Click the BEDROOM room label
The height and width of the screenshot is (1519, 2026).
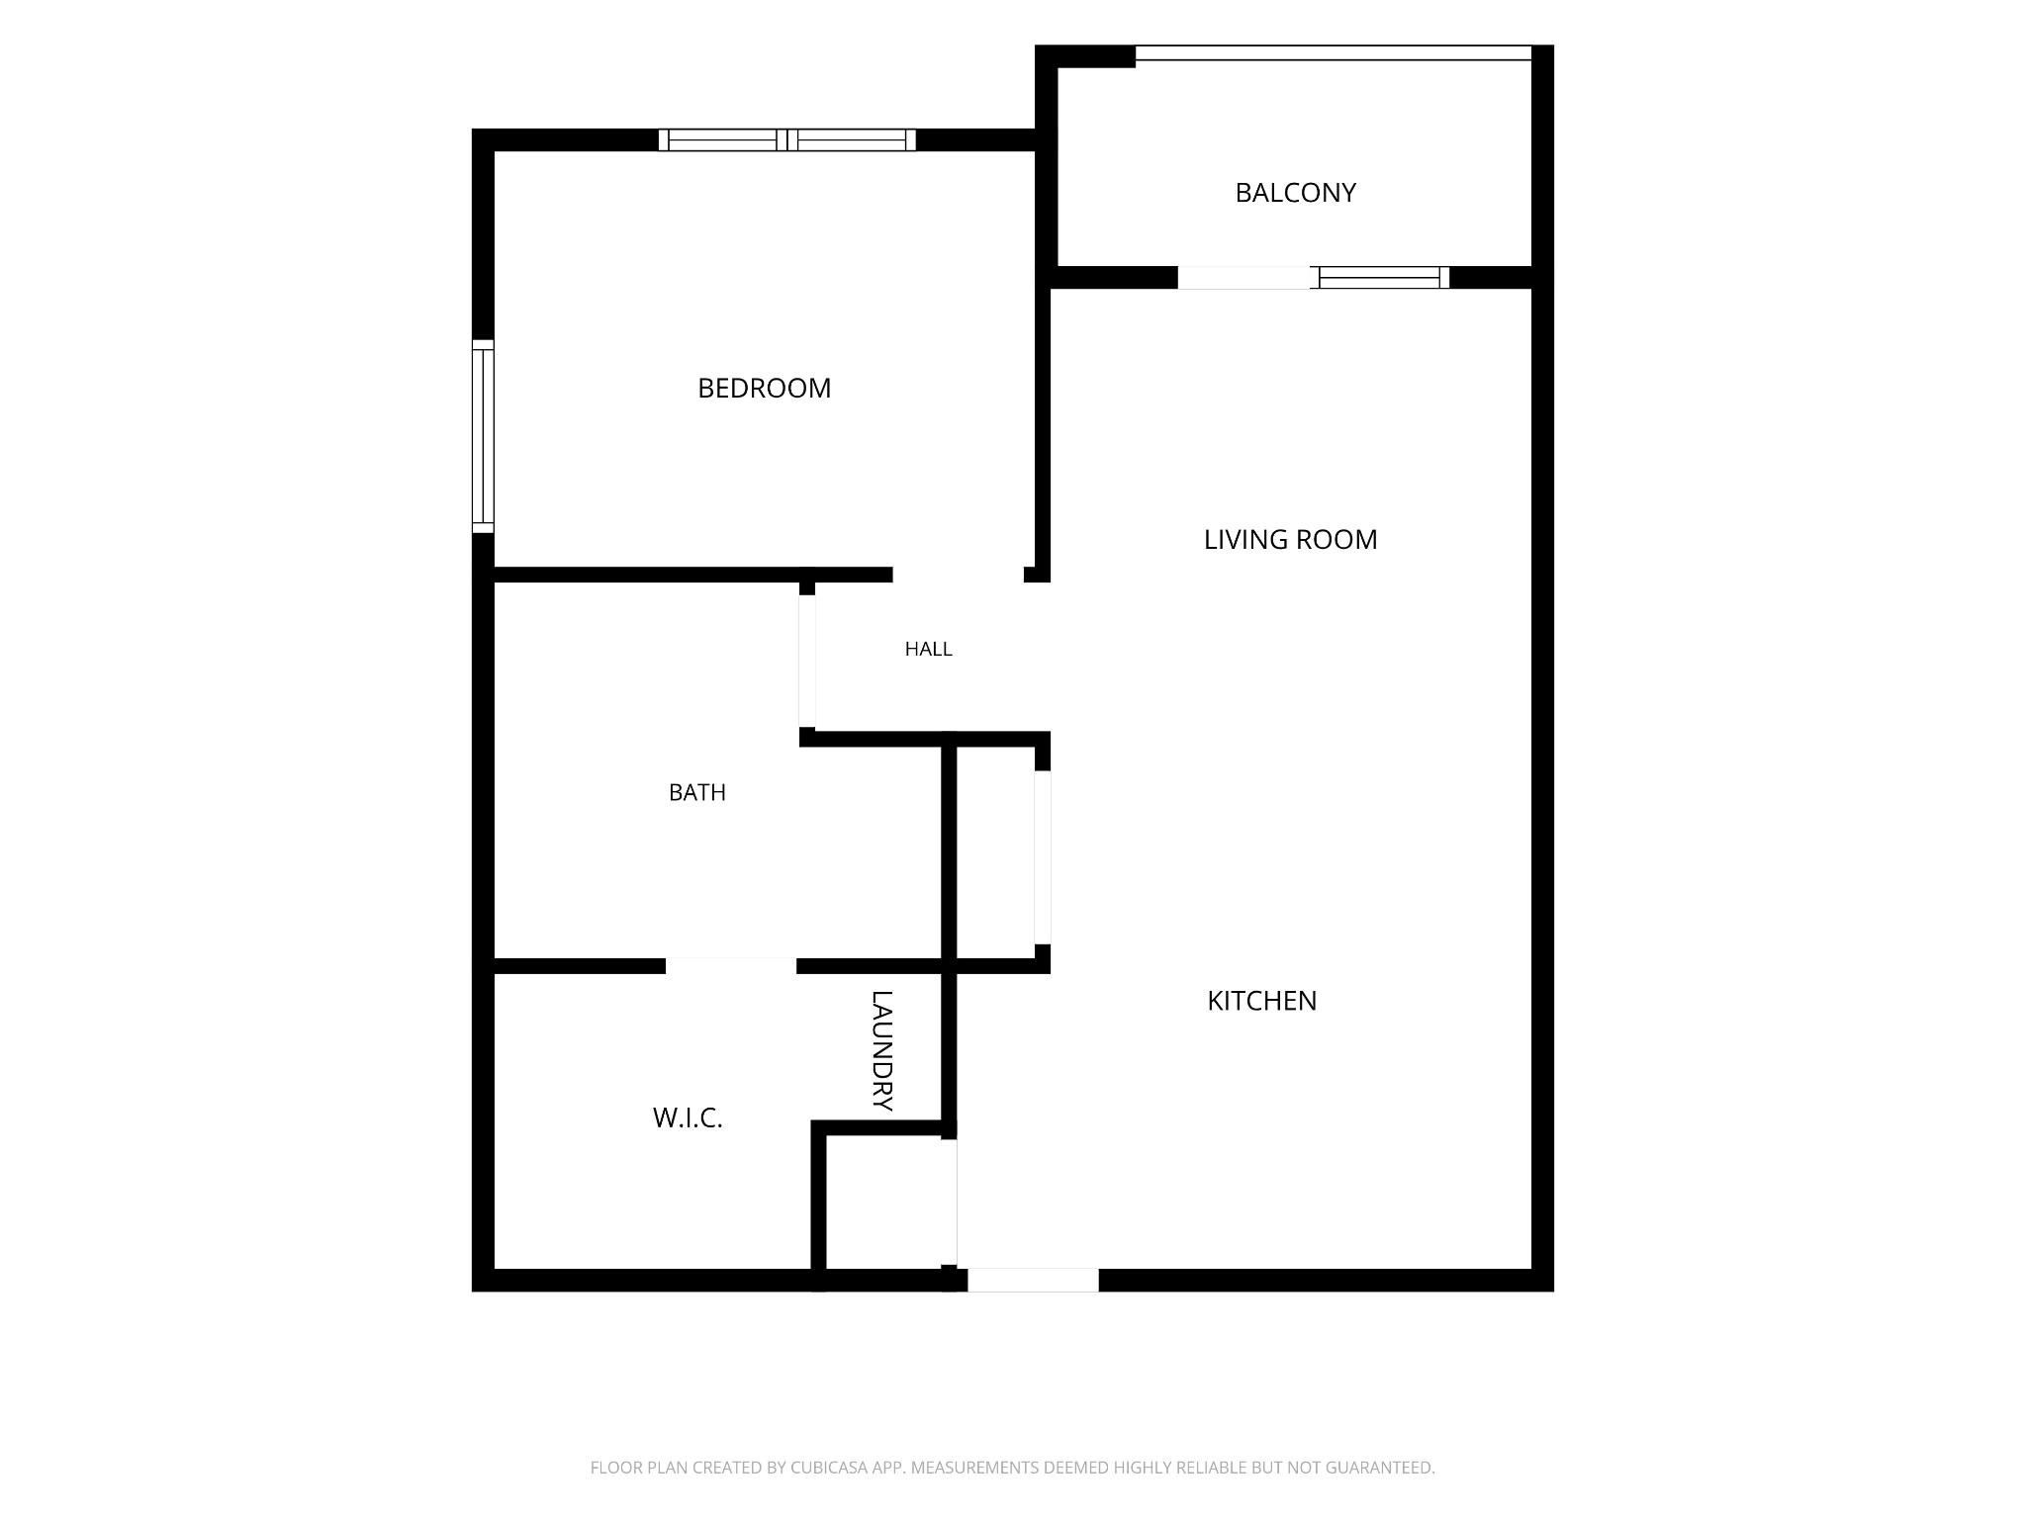764,388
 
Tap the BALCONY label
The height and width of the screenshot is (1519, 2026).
1295,193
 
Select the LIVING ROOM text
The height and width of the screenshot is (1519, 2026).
1290,539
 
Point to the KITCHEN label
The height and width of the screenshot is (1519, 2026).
1261,1001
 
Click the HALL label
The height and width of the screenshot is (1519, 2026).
928,649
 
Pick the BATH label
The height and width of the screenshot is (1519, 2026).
696,792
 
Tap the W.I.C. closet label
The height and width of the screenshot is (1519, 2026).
688,1118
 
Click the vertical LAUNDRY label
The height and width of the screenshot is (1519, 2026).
881,1050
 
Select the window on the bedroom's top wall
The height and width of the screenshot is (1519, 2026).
787,140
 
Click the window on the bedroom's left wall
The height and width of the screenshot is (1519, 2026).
483,436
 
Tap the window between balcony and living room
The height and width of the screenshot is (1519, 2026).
1379,278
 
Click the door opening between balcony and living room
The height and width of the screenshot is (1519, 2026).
1243,278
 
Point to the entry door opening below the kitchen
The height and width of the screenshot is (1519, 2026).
1033,1280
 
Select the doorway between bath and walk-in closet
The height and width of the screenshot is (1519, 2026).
731,966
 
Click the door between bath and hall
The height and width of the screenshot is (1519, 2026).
807,661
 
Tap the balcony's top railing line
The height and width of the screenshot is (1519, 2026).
1334,53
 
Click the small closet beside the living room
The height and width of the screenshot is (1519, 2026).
996,852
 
